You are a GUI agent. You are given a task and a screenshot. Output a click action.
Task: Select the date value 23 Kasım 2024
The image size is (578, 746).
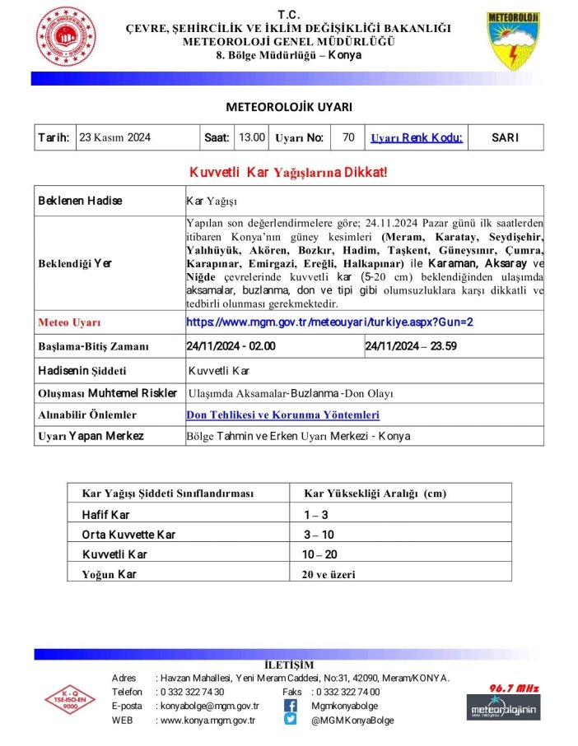pyautogui.click(x=114, y=137)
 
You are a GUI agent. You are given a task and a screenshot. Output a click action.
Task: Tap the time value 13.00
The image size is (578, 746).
pyautogui.click(x=251, y=137)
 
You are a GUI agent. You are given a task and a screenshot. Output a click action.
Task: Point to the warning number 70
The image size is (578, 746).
pyautogui.click(x=347, y=137)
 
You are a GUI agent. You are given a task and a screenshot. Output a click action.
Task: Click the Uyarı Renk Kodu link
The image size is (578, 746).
pyautogui.click(x=416, y=137)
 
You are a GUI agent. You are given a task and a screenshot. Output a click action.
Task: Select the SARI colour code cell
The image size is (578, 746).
pyautogui.click(x=504, y=137)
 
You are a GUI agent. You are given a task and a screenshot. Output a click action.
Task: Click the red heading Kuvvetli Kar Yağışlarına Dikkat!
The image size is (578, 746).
pyautogui.click(x=288, y=172)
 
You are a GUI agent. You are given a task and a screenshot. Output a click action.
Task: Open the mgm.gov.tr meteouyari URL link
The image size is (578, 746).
pyautogui.click(x=329, y=322)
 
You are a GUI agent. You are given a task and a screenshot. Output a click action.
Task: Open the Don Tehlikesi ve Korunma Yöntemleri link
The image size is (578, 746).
pyautogui.click(x=283, y=415)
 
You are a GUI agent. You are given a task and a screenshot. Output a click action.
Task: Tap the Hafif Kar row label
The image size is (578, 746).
pyautogui.click(x=106, y=515)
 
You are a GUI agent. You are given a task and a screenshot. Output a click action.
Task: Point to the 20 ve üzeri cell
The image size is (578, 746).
pyautogui.click(x=329, y=574)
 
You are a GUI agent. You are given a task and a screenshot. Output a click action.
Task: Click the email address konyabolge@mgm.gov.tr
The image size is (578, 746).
pyautogui.click(x=209, y=706)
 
